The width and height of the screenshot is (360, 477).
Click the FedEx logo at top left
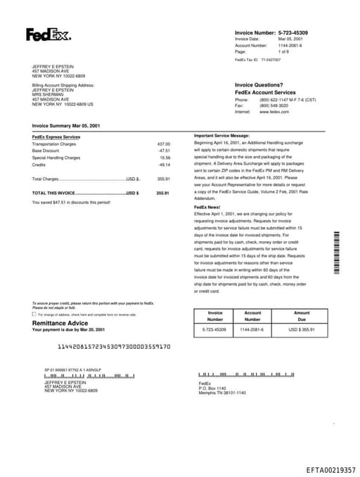48,34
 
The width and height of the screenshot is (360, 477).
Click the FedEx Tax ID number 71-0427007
270,60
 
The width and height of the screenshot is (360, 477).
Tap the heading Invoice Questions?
259,85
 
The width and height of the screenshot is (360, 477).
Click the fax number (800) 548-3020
274,106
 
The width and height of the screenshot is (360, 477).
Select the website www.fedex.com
274,112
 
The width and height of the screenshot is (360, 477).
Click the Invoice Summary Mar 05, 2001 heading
66,125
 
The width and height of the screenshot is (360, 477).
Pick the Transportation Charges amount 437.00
163,144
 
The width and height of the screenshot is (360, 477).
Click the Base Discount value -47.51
164,151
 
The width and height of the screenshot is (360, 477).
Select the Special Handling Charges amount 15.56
165,158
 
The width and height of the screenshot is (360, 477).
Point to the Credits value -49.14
164,164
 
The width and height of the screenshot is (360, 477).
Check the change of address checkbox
34,314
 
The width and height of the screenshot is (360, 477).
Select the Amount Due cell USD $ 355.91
301,329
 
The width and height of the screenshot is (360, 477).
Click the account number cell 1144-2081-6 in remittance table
252,329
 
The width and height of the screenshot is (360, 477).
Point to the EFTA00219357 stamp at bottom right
330,469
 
